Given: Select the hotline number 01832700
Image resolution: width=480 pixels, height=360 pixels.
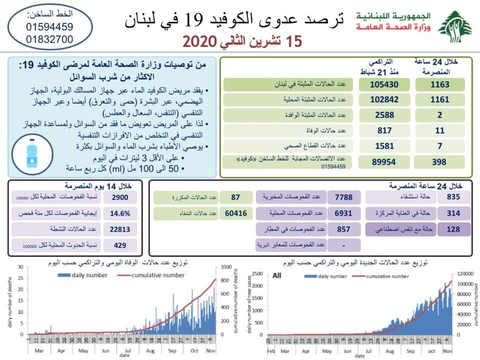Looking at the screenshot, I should (49, 39).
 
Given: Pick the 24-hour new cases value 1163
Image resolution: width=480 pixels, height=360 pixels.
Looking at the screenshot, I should (440, 84).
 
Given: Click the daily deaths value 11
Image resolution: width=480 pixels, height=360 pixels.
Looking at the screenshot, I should (440, 131).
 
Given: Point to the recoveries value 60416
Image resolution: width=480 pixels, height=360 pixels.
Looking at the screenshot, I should (235, 213).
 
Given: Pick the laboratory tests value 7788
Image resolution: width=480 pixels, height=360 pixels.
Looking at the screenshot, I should (343, 197).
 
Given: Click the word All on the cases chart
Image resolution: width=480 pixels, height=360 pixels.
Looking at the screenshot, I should (277, 275).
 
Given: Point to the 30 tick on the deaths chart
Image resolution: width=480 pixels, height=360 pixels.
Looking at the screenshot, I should (20, 267).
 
